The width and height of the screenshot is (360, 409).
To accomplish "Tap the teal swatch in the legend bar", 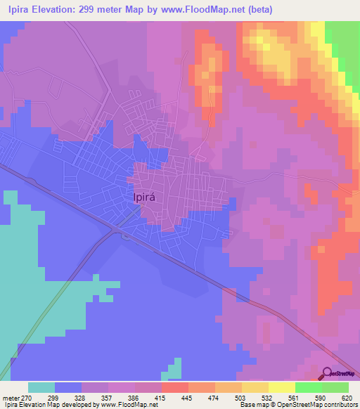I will (x=41, y=387).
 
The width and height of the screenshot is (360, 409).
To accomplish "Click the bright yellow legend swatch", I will (x=281, y=387).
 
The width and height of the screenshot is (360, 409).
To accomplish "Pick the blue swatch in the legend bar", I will (x=68, y=387).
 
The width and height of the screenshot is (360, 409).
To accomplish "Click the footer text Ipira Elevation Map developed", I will (x=42, y=405).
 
